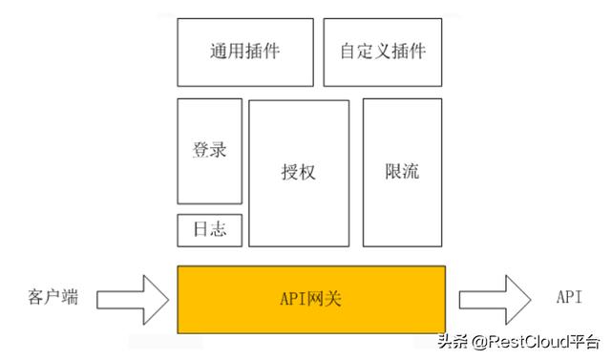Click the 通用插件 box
pos(245,52)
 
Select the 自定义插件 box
pos(383,52)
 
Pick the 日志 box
pos(209,230)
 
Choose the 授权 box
pos(299,173)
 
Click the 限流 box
pos(403,173)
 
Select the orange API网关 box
pos(310,299)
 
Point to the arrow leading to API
pos(494,299)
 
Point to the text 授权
pos(299,173)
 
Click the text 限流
pos(403,173)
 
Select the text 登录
pos(209,151)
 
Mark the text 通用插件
pos(245,52)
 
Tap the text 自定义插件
pos(383,52)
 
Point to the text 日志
pos(209,230)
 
